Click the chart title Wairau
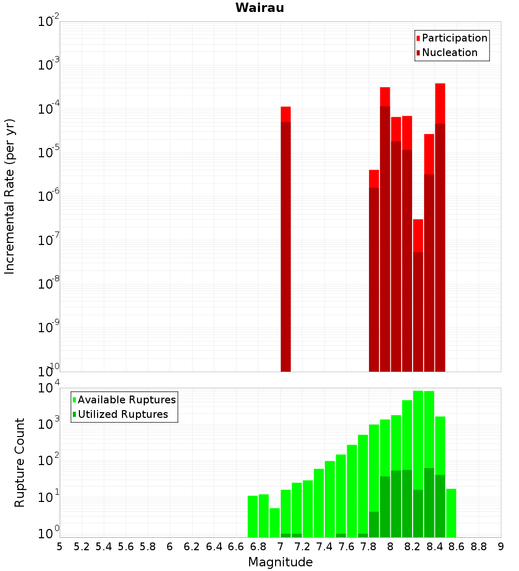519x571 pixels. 259,8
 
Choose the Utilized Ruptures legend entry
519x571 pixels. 122,414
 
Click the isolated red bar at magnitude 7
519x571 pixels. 285,239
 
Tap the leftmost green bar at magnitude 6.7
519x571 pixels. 253,516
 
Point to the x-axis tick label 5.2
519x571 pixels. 82,547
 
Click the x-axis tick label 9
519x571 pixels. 500,547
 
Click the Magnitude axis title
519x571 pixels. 280,562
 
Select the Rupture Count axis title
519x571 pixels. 20,462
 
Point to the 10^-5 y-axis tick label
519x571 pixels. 49,153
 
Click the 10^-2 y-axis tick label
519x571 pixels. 49,22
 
